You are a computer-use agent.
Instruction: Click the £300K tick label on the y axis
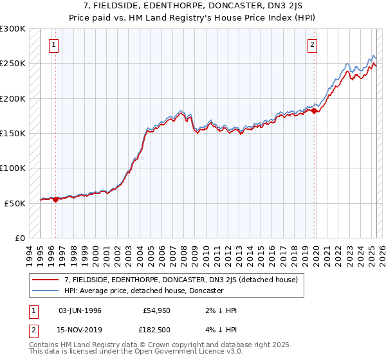tap(13, 29)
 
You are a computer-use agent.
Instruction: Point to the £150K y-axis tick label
tap(13, 133)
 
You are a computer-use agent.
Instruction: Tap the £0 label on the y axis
tap(19, 238)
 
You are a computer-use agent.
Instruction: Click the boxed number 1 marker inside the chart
tap(53, 45)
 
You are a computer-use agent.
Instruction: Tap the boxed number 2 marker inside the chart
tap(312, 45)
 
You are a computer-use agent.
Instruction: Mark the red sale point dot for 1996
tap(55, 199)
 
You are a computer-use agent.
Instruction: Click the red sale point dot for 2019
tap(315, 111)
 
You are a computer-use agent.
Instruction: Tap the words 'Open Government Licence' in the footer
tap(185, 353)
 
